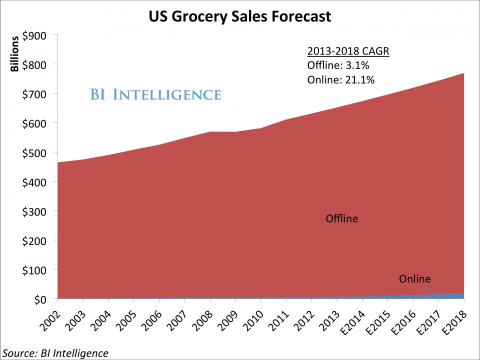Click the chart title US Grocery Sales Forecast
click(239, 16)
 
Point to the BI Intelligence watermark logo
click(155, 94)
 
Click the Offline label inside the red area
click(341, 218)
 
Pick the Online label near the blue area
click(414, 278)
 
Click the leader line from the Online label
click(428, 289)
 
